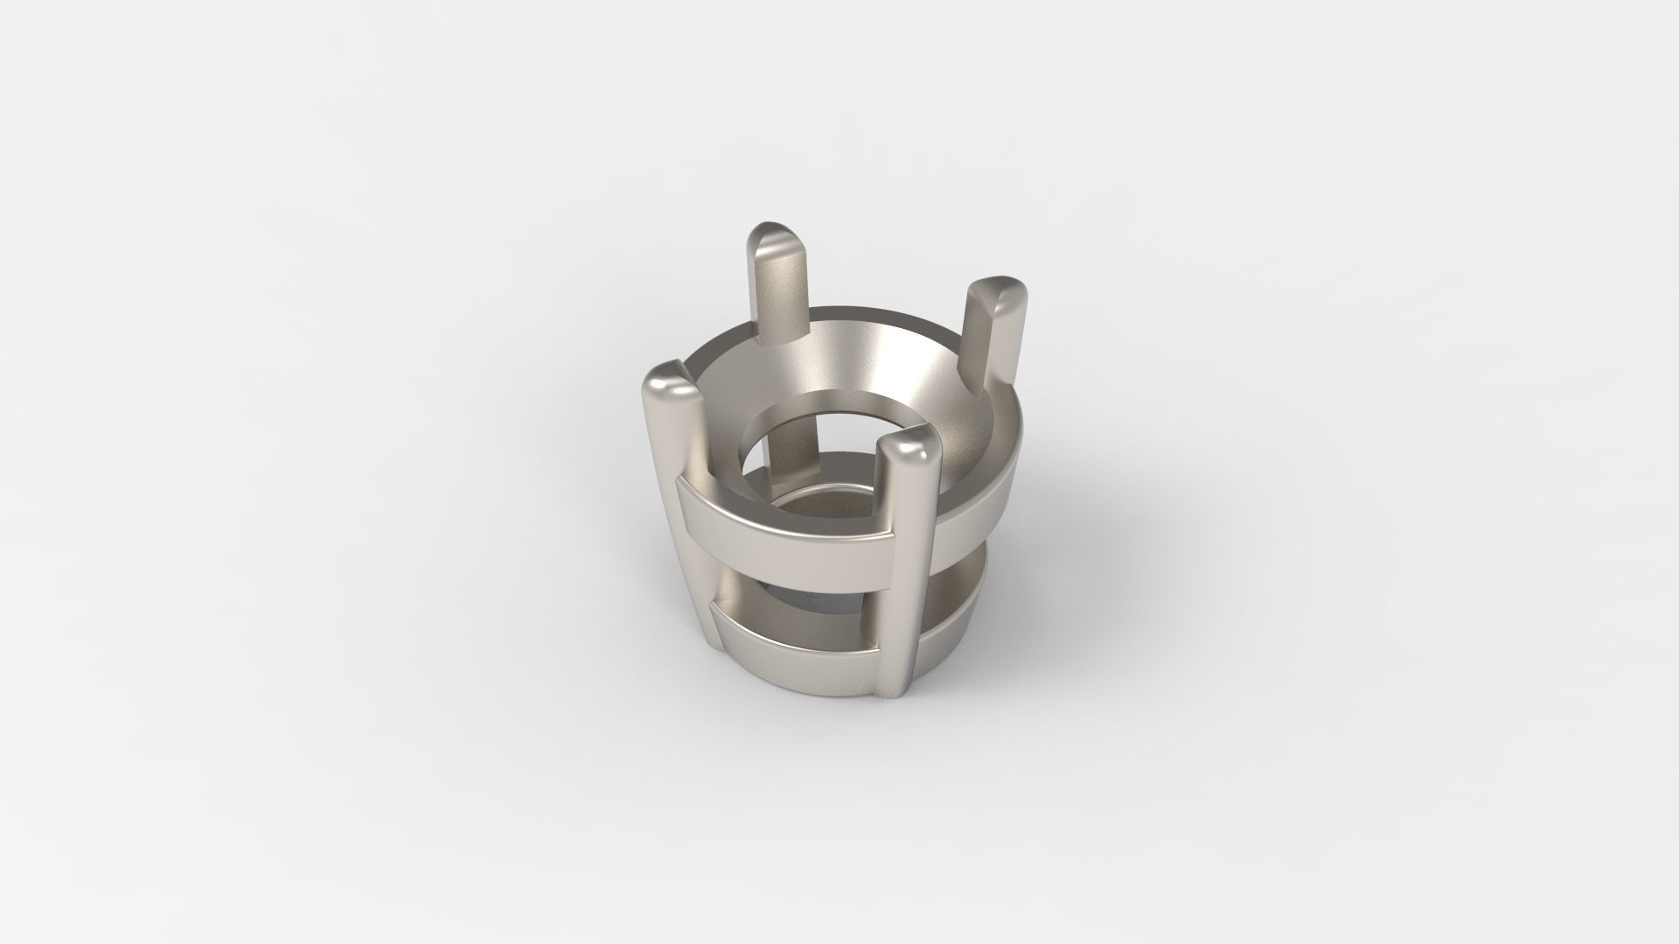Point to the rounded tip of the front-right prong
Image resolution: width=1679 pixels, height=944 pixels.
[906, 451]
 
